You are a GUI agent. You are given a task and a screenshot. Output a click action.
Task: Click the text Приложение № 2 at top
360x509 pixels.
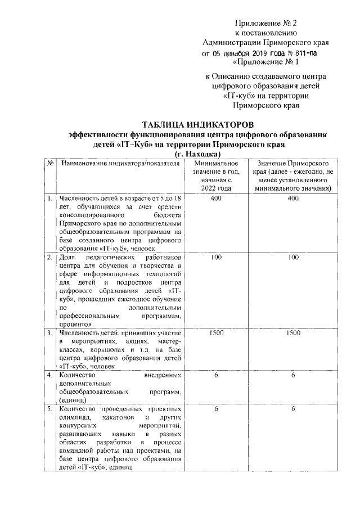[264, 24]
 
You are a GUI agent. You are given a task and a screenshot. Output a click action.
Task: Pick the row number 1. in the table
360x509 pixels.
[51, 199]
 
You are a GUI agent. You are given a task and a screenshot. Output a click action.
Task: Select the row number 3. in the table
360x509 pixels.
[51, 334]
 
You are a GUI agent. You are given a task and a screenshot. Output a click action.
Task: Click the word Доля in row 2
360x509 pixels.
[68, 258]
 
